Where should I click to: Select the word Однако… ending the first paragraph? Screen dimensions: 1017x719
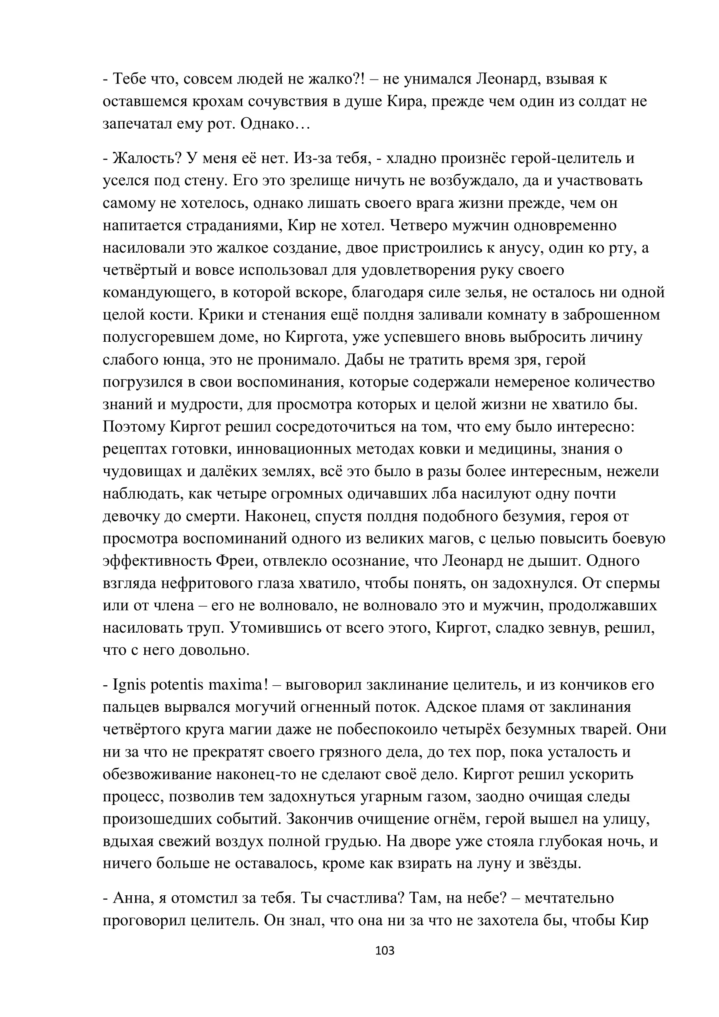pyautogui.click(x=275, y=124)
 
